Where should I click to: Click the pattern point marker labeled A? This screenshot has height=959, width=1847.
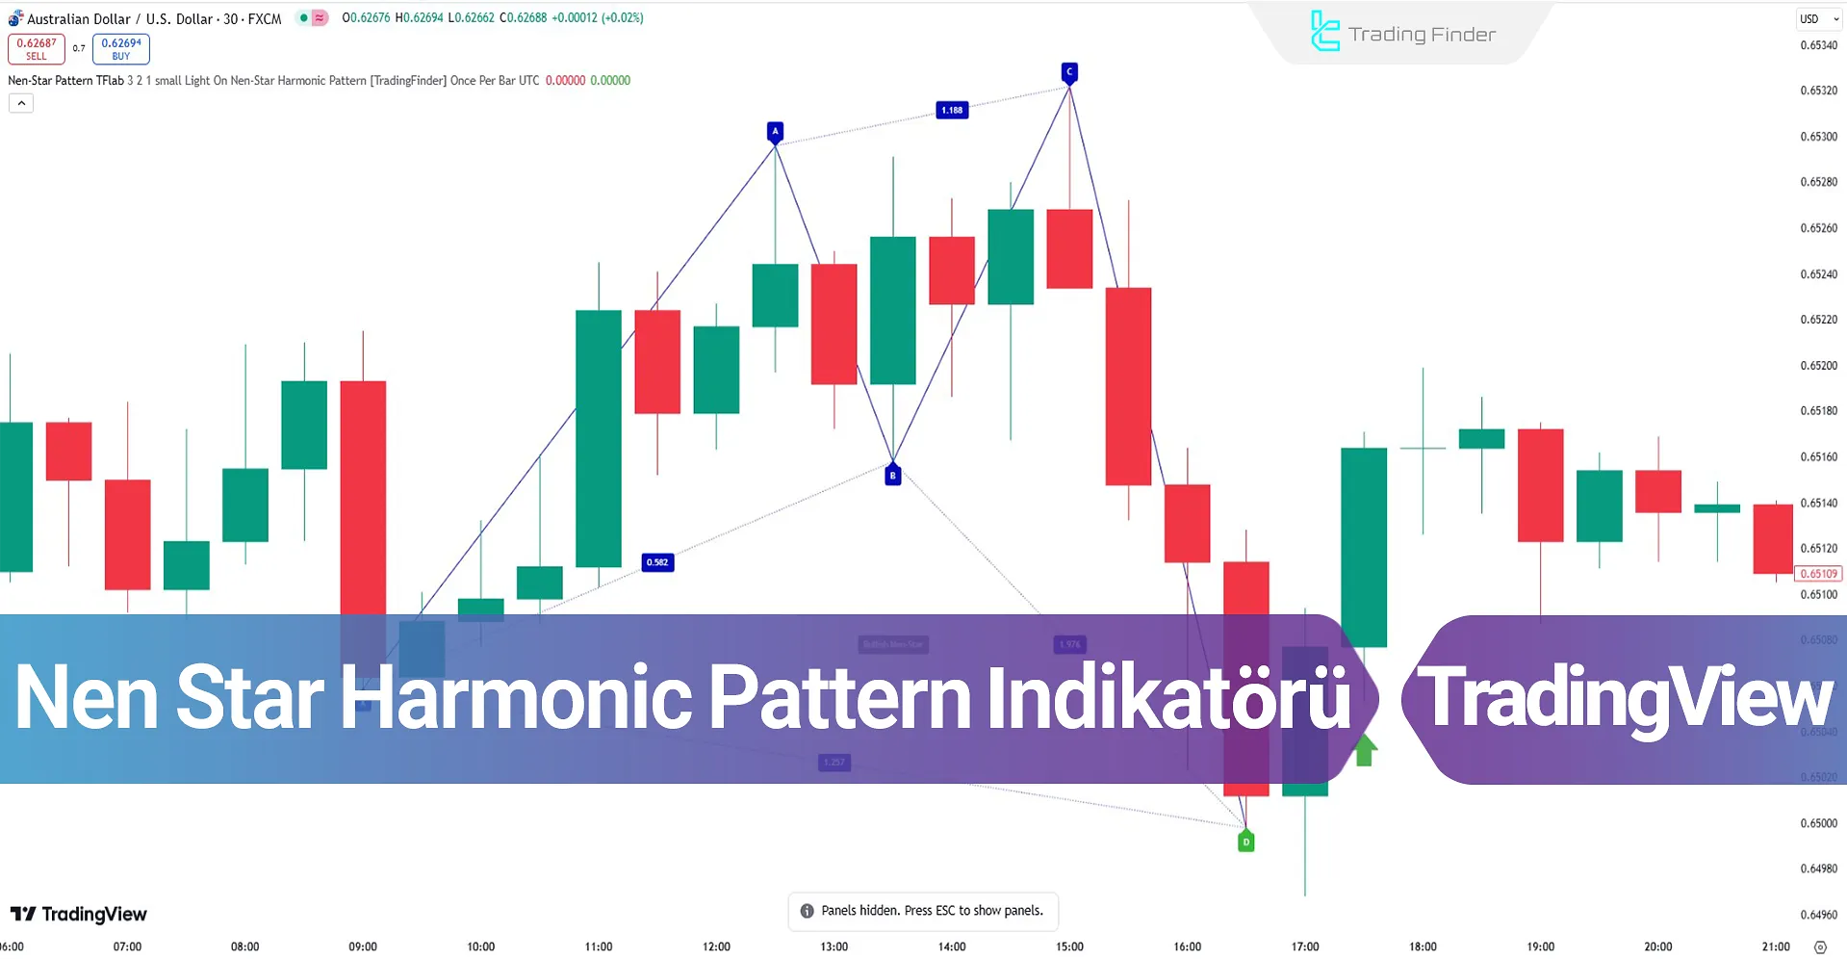pyautogui.click(x=775, y=131)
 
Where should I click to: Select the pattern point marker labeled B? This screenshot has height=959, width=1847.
pyautogui.click(x=892, y=475)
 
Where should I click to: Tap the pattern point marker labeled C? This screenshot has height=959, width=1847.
pyautogui.click(x=1068, y=72)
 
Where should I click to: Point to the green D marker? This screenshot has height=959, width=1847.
pyautogui.click(x=1245, y=842)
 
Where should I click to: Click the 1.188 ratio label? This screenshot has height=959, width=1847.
pyautogui.click(x=952, y=110)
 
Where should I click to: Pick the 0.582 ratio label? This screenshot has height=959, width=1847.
pyautogui.click(x=657, y=562)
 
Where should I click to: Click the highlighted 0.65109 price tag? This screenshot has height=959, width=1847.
pyautogui.click(x=1818, y=574)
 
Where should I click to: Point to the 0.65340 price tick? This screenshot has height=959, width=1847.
pyautogui.click(x=1818, y=45)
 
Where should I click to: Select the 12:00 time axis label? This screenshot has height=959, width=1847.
pyautogui.click(x=716, y=946)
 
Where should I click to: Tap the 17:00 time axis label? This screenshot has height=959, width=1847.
pyautogui.click(x=1305, y=946)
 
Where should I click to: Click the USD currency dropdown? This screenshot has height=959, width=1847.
pyautogui.click(x=1818, y=19)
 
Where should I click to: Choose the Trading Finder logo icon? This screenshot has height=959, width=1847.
pyautogui.click(x=1324, y=32)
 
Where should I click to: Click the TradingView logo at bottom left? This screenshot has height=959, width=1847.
pyautogui.click(x=79, y=914)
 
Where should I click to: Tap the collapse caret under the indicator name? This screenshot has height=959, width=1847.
pyautogui.click(x=21, y=103)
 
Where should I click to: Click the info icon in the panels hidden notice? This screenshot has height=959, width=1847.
pyautogui.click(x=807, y=911)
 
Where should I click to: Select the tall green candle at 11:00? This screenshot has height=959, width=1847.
pyautogui.click(x=598, y=438)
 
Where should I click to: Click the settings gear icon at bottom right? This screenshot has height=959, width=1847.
pyautogui.click(x=1819, y=947)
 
